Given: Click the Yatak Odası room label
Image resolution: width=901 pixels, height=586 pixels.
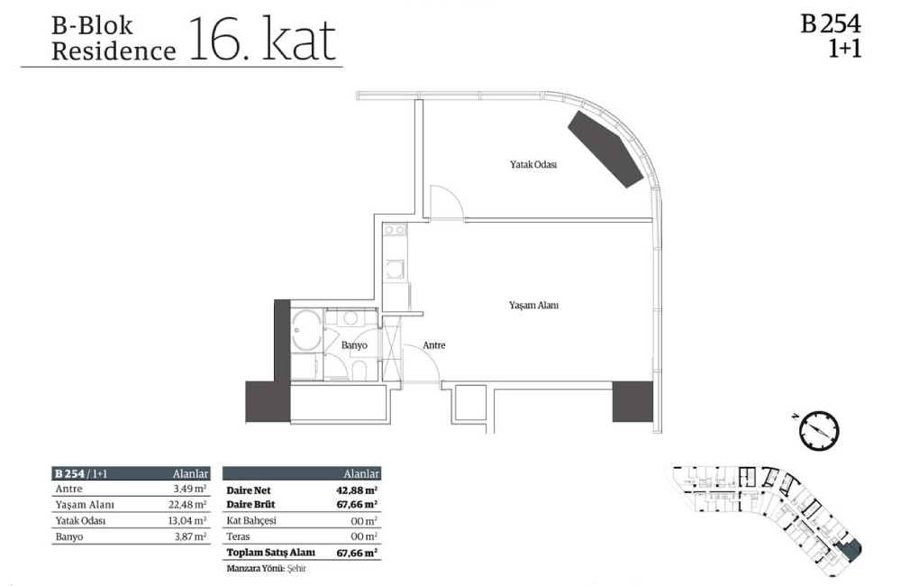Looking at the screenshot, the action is point(533,164).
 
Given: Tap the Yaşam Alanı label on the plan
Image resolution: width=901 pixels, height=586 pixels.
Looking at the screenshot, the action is point(533,306).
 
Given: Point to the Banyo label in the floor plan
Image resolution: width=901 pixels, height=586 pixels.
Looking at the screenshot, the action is point(354,345).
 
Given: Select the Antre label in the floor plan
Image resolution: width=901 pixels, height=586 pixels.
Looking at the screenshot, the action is point(434,345).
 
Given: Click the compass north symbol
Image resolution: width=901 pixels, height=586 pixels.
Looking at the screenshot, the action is point(819,430).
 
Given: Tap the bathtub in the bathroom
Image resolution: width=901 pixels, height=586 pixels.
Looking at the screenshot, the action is point(307,330).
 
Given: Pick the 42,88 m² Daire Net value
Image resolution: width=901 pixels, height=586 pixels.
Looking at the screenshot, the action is point(356,490).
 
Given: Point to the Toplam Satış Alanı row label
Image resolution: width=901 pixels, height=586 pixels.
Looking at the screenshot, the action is point(270,553).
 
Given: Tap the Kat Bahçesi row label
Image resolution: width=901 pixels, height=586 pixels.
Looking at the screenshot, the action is point(251,520).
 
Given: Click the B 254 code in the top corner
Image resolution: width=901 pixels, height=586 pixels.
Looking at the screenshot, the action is point(831,24).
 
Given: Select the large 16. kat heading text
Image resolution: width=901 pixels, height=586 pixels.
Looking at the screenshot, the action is point(262,39).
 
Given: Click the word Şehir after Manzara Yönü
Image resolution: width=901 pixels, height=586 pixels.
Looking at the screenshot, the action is point(296,569).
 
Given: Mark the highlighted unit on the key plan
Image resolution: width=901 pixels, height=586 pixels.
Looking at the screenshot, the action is point(850,549).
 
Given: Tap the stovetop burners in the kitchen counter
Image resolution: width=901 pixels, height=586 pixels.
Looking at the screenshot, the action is point(396,230).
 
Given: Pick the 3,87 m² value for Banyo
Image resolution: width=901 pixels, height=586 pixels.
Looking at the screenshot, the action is point(192,537).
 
